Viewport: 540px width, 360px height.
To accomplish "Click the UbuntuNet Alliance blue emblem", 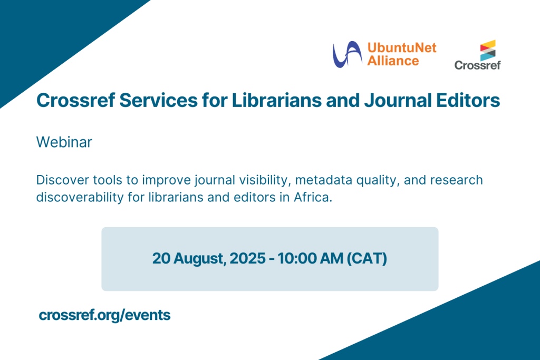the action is [347, 54].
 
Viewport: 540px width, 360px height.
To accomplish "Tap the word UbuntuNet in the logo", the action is [402, 47].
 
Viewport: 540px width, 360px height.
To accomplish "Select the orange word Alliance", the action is [393, 61].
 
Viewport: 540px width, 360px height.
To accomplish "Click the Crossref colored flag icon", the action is [488, 50].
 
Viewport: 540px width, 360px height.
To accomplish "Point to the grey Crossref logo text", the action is [477, 65].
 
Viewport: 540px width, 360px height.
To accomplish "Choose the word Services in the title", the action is [158, 101].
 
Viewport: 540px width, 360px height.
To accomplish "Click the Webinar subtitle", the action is [64, 142].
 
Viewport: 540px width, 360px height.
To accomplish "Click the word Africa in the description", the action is [313, 198].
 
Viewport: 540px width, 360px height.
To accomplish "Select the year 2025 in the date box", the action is [248, 258].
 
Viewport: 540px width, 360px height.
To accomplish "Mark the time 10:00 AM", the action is [310, 258].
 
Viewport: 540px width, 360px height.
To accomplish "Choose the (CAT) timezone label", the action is [367, 259].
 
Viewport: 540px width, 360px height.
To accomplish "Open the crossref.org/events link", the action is [105, 315].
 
